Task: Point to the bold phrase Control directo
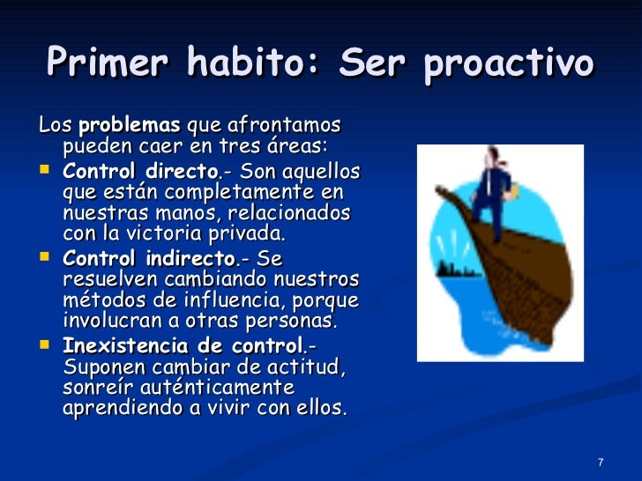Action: (129, 170)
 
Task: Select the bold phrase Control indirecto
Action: (137, 259)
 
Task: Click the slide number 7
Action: (600, 463)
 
